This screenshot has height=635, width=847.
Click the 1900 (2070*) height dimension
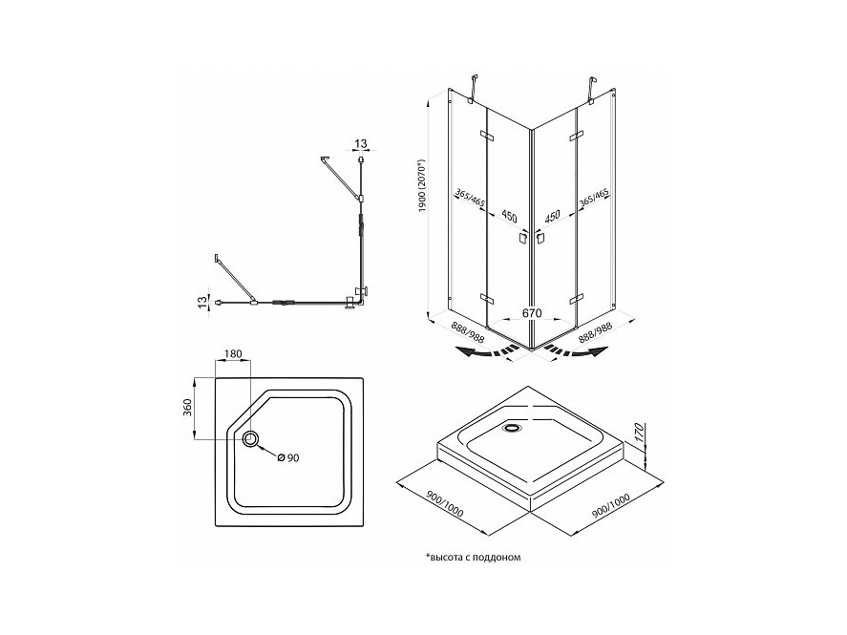pyautogui.click(x=422, y=184)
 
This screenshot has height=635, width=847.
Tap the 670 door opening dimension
pyautogui.click(x=532, y=313)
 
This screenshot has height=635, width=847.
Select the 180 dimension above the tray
pyautogui.click(x=232, y=354)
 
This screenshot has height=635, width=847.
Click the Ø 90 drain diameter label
pyautogui.click(x=288, y=458)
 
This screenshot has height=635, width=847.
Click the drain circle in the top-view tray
pyautogui.click(x=251, y=438)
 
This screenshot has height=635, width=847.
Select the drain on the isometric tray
pyautogui.click(x=511, y=428)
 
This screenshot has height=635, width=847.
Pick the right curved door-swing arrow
pyautogui.click(x=577, y=352)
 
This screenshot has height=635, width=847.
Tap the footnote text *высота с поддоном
pyautogui.click(x=474, y=557)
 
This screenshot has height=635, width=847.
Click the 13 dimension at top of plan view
pyautogui.click(x=360, y=143)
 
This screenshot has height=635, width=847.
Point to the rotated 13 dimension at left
pyautogui.click(x=202, y=303)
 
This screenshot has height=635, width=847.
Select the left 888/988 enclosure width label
pyautogui.click(x=468, y=331)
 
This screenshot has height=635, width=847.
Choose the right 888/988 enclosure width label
pyautogui.click(x=595, y=330)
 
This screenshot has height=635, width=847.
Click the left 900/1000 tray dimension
pyautogui.click(x=445, y=505)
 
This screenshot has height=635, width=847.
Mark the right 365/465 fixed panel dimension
pyautogui.click(x=594, y=199)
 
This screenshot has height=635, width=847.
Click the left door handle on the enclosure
pyautogui.click(x=522, y=238)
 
